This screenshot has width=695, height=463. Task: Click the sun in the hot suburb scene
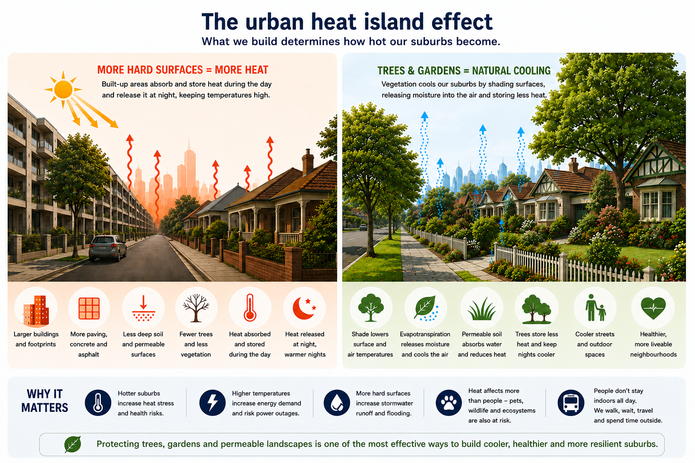coord(63,90)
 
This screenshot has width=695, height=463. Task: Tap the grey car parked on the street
coord(108,248)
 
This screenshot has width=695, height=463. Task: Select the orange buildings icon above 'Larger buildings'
coord(36,310)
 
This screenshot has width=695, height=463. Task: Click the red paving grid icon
coord(89,308)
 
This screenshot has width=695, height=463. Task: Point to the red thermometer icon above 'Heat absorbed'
coord(250,307)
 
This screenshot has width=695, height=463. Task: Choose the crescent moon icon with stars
coord(305,308)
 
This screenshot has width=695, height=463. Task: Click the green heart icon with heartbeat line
coord(653,308)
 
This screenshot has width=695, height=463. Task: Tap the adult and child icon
coord(595,307)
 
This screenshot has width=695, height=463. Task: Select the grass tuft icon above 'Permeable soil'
coord(482,309)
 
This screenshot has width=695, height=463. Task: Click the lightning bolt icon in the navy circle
coord(213,403)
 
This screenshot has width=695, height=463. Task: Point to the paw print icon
coord(449,403)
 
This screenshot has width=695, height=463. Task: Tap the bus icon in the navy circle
coord(571,403)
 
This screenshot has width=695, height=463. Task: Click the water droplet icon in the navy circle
coord(337,403)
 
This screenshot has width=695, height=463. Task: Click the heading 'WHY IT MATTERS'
coord(45,401)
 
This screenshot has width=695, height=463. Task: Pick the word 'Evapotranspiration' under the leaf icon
coord(425,334)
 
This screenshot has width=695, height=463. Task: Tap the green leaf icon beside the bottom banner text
coord(73,444)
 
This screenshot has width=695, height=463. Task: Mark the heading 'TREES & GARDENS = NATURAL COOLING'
coord(464,71)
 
